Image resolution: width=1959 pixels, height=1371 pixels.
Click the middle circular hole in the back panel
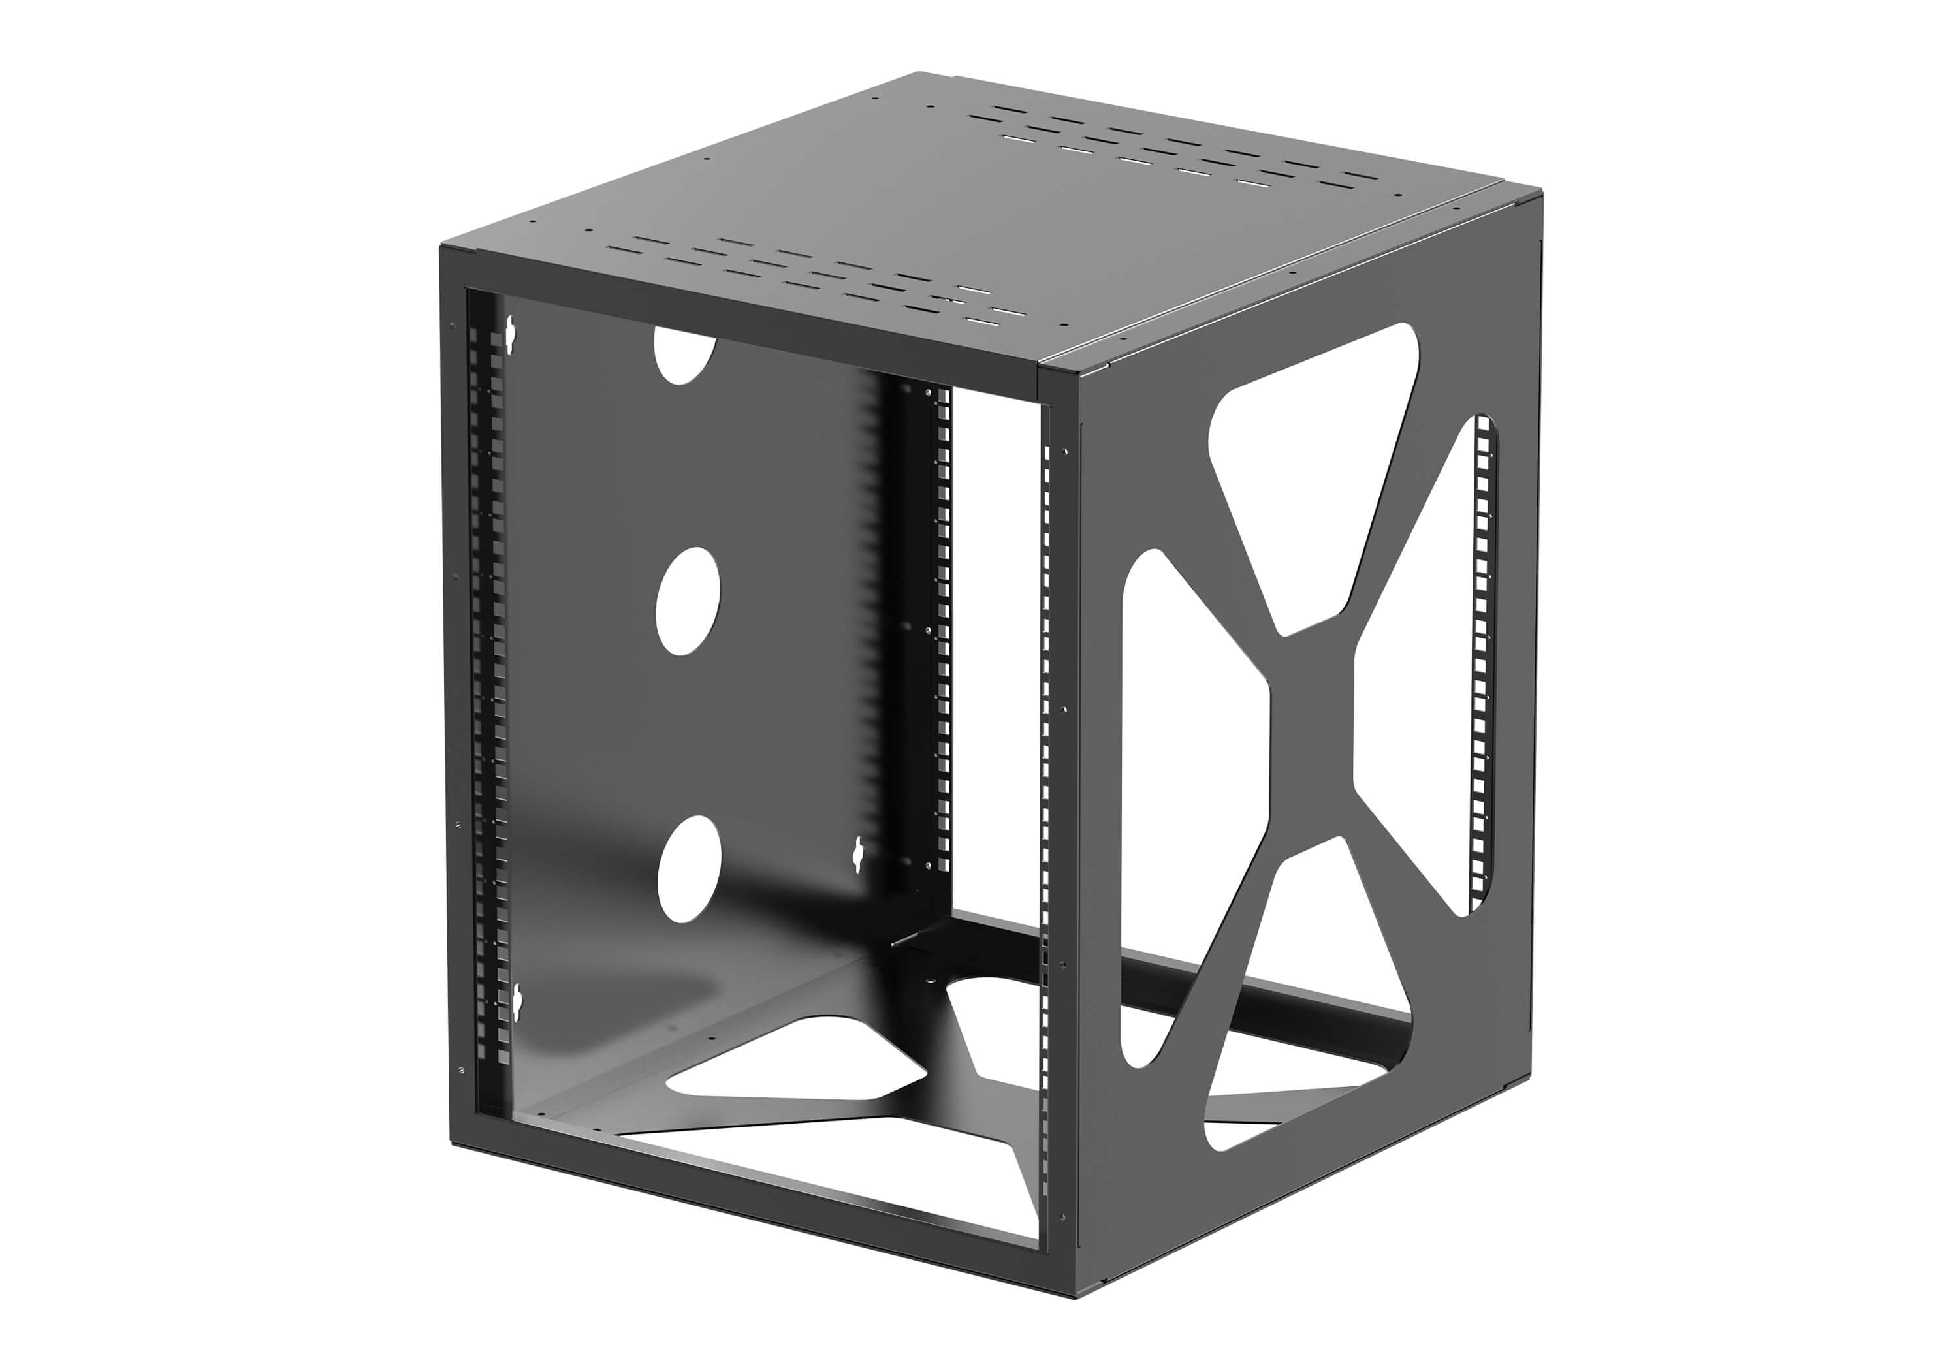click(688, 601)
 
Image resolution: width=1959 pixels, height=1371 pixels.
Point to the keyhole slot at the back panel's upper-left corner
click(512, 336)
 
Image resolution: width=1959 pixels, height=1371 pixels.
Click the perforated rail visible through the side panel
click(1482, 665)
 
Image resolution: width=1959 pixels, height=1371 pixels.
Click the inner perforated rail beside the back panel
click(943, 631)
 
